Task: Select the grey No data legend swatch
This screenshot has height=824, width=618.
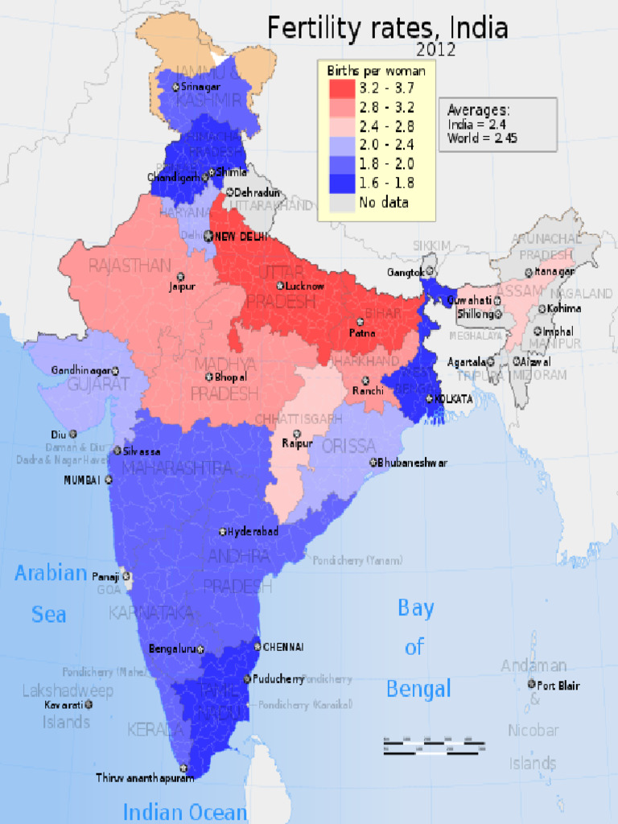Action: coord(342,202)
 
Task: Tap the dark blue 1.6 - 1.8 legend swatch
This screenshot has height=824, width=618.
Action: coord(342,183)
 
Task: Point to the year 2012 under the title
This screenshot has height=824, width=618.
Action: coord(435,50)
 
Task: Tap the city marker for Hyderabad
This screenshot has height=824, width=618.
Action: coord(223,532)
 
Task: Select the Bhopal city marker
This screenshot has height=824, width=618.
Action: coord(209,377)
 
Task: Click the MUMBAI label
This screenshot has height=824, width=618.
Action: coord(82,480)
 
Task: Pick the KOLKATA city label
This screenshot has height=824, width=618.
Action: coord(453,398)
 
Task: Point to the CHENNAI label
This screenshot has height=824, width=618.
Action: coord(283,646)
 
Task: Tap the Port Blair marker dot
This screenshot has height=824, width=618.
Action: coord(531,684)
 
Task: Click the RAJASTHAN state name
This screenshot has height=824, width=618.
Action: coord(130,265)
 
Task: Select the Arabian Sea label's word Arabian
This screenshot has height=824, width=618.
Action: coord(51,573)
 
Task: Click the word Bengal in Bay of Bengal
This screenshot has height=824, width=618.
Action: coord(418,689)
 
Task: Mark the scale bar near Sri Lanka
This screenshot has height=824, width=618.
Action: coord(434,744)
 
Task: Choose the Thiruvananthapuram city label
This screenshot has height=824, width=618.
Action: coord(145,778)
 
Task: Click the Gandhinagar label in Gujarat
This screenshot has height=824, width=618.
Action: coord(80,370)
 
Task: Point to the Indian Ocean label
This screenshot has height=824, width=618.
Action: coord(184,812)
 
